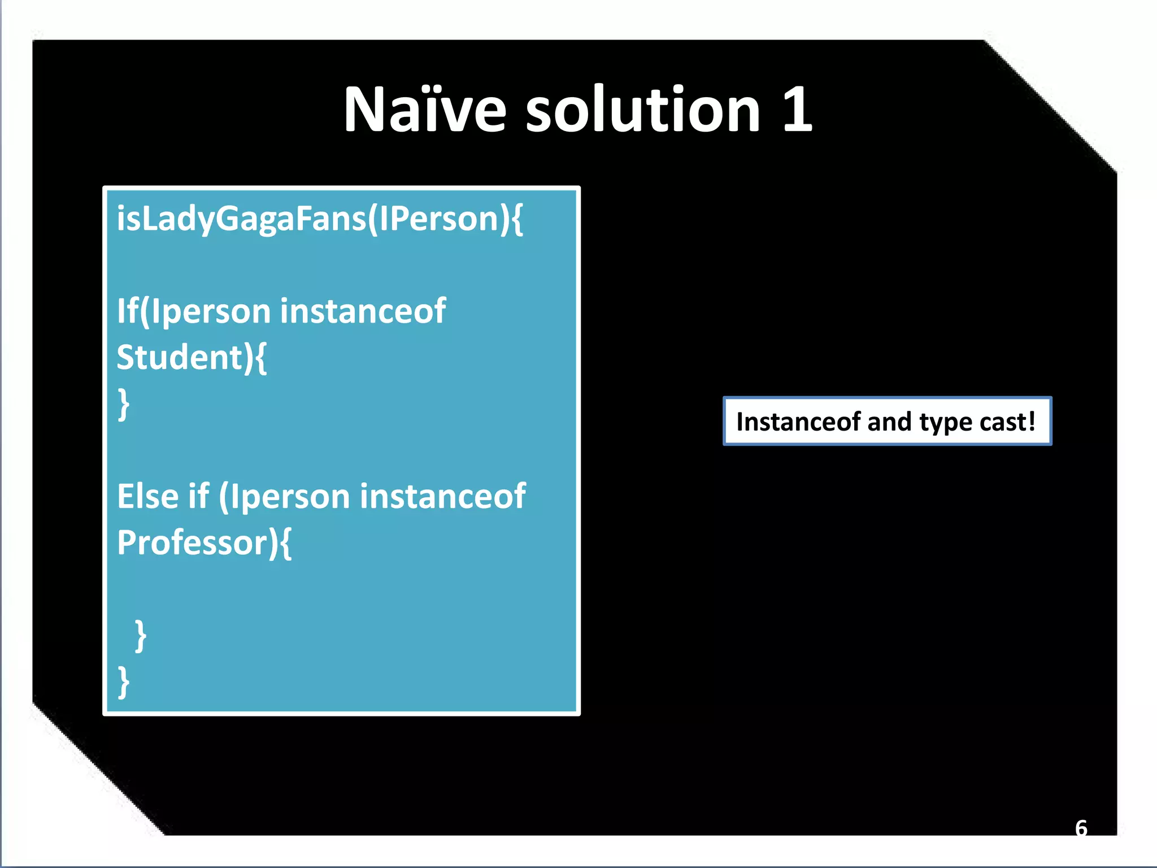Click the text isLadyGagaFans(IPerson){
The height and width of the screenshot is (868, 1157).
320,219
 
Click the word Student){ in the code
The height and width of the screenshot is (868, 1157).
192,358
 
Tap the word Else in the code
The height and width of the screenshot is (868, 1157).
148,497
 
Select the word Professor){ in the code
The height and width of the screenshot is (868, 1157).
204,543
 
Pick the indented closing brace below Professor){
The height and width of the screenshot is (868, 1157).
141,636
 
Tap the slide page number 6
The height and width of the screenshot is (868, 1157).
1081,828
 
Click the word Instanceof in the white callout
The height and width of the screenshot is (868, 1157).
798,422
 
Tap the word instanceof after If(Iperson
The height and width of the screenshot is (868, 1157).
363,311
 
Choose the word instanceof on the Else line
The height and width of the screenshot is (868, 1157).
442,497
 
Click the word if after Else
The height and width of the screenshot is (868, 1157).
199,497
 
